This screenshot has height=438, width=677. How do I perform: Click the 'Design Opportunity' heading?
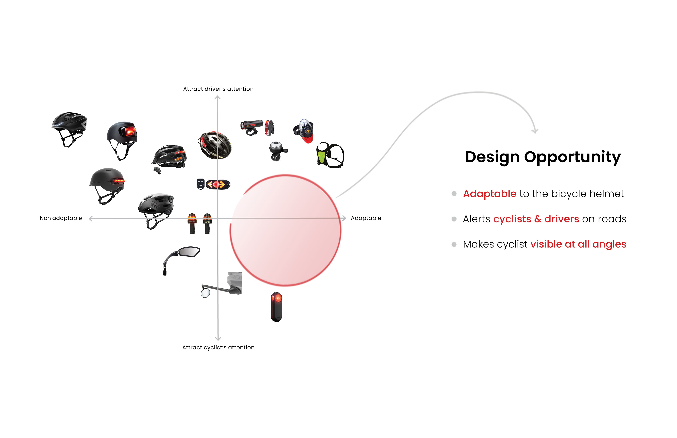point(543,157)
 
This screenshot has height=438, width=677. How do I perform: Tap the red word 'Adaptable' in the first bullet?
point(490,194)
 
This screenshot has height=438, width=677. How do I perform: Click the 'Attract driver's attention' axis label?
point(218,89)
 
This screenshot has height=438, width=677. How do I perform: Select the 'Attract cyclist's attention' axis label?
point(218,348)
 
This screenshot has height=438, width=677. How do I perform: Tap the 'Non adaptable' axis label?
point(61,218)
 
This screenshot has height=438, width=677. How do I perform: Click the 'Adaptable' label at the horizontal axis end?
point(366,218)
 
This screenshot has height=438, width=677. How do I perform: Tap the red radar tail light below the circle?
point(276,307)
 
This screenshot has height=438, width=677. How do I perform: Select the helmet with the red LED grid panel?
point(122,139)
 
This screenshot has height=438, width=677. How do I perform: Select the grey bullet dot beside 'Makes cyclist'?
point(454,245)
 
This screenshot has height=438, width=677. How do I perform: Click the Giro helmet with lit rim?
point(215,145)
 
